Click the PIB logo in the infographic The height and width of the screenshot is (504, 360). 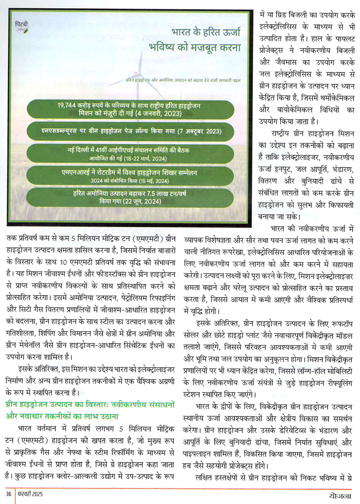(x=22, y=27)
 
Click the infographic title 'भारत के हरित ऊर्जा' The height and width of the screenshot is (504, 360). (x=206, y=32)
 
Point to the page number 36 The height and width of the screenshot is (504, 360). (x=9, y=494)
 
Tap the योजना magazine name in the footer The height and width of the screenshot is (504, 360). (x=339, y=495)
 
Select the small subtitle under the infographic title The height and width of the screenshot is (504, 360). (x=183, y=80)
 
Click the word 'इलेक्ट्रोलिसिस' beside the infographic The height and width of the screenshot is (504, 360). (x=278, y=27)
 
